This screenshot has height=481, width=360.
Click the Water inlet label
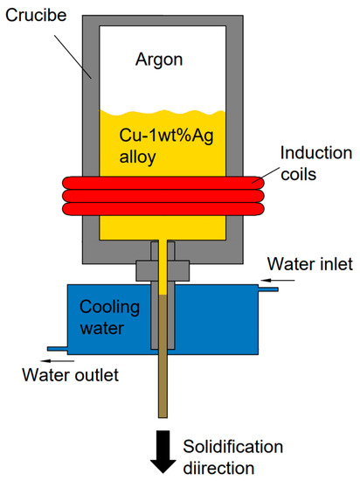point(312,263)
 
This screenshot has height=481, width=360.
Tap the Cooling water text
point(109,318)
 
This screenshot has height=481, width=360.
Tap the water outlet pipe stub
point(58,349)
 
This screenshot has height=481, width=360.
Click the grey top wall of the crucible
point(163,17)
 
